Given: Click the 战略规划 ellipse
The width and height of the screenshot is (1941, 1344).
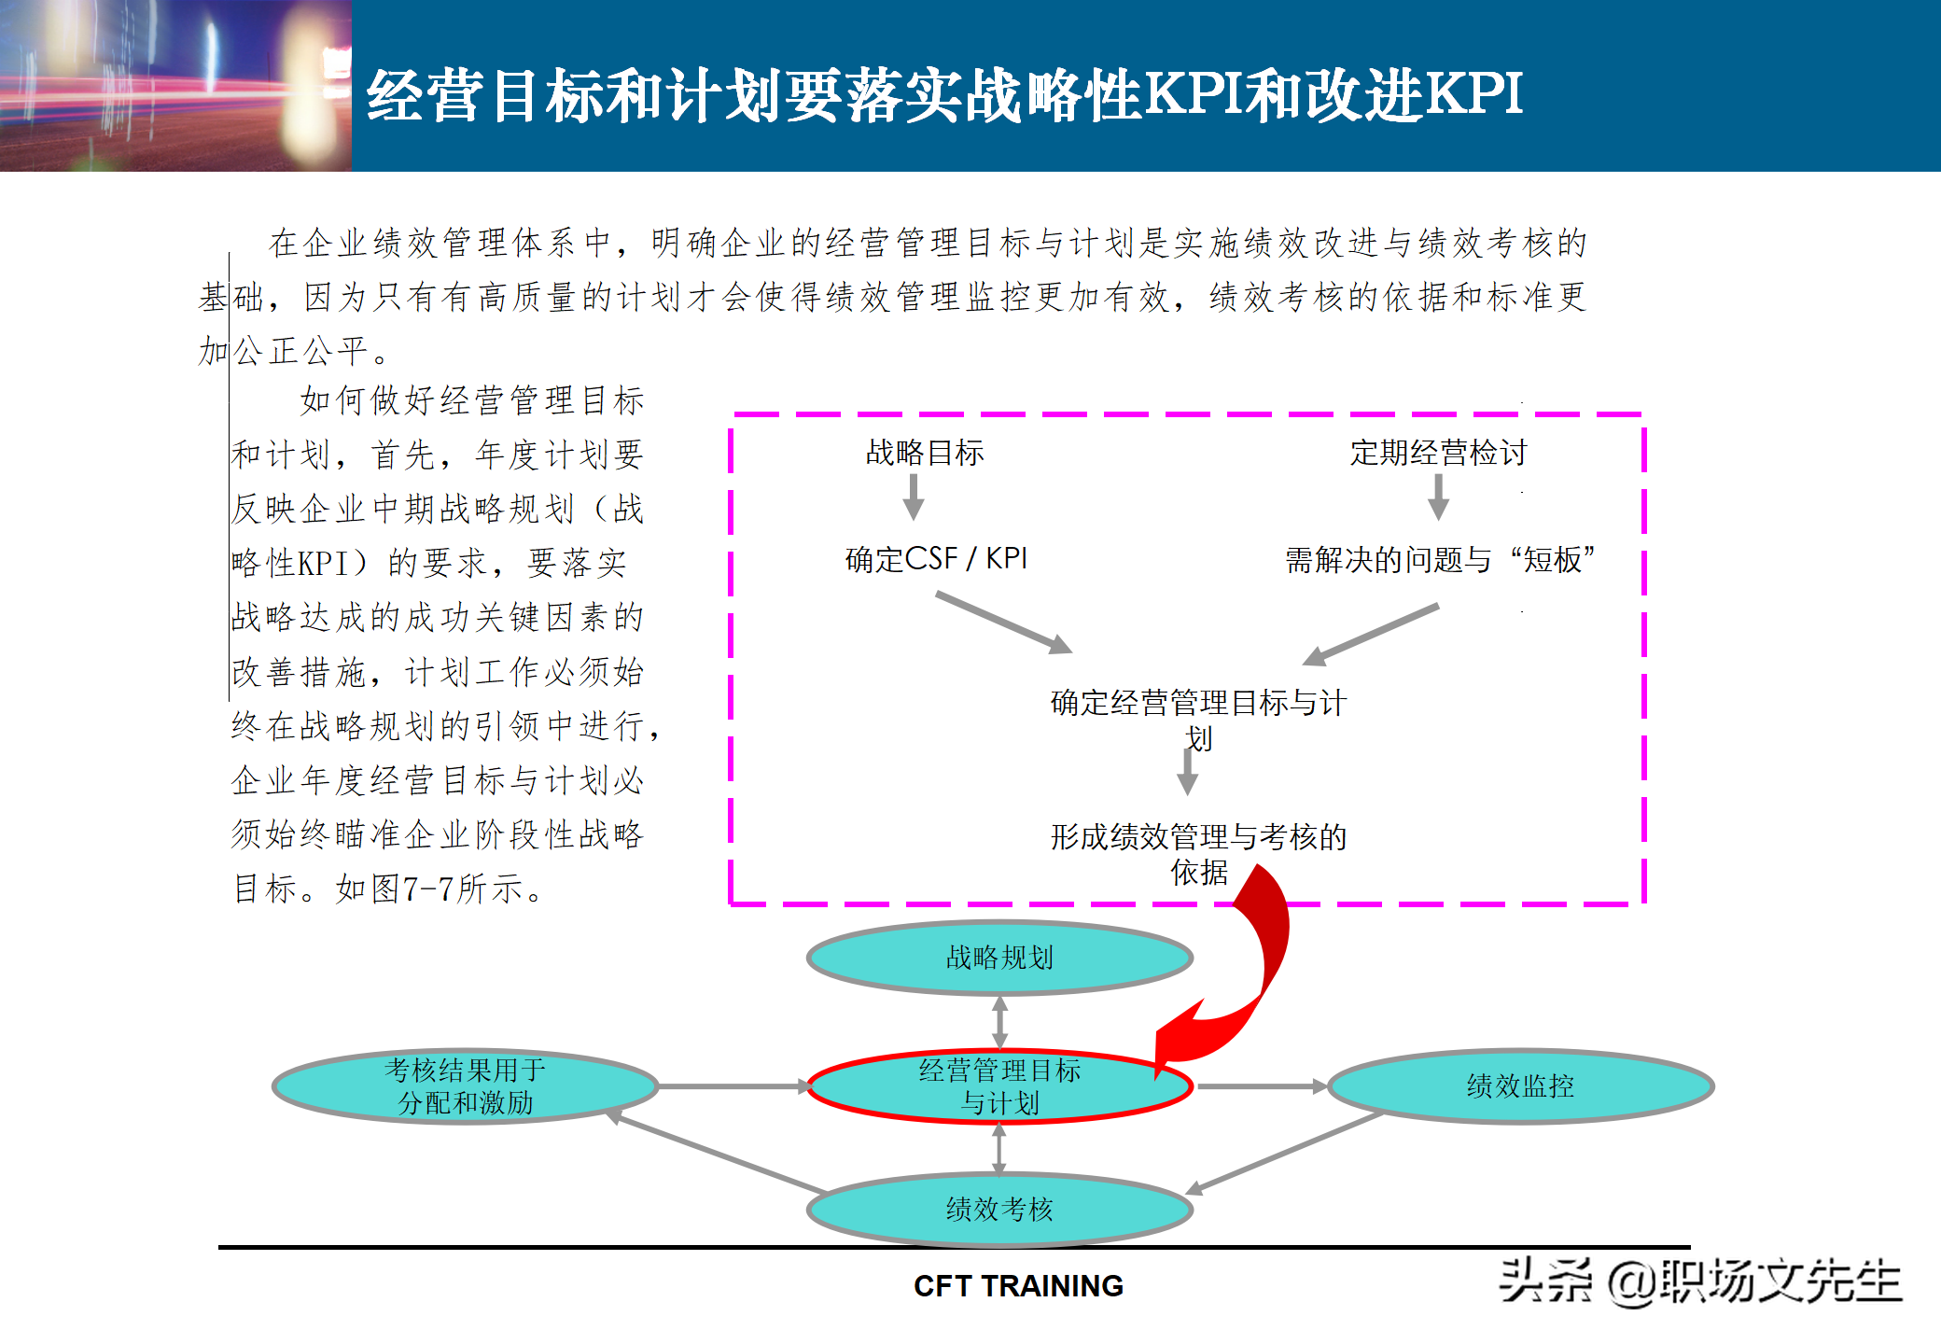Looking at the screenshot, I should pos(999,958).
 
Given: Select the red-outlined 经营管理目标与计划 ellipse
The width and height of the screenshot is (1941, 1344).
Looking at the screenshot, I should pos(999,1086).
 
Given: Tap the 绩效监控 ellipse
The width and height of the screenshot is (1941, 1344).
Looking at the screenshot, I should pos(1520,1086).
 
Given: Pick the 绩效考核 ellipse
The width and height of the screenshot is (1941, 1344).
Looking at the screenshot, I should pos(999,1210).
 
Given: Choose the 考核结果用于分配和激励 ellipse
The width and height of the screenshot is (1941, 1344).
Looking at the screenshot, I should pos(466,1086).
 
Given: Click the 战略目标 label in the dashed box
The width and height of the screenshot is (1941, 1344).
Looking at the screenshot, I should pos(925,453).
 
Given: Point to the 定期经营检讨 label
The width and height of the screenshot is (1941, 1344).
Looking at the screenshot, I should pos(1438,453).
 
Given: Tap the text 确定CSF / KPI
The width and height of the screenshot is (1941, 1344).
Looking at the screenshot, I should pos(936,559).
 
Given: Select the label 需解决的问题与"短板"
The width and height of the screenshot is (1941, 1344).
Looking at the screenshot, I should pos(1439,560).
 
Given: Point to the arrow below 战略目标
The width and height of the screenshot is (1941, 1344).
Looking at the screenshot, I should pos(914,497).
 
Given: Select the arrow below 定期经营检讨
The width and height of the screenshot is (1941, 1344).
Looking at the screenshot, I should pos(1438,497).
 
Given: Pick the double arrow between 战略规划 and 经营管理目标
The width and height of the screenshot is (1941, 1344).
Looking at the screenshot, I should pos(999,1022).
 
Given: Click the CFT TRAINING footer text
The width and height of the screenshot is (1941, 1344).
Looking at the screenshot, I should pos(1018,1286).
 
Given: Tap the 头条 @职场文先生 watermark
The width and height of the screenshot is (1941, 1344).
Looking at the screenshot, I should pos(1699,1281).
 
